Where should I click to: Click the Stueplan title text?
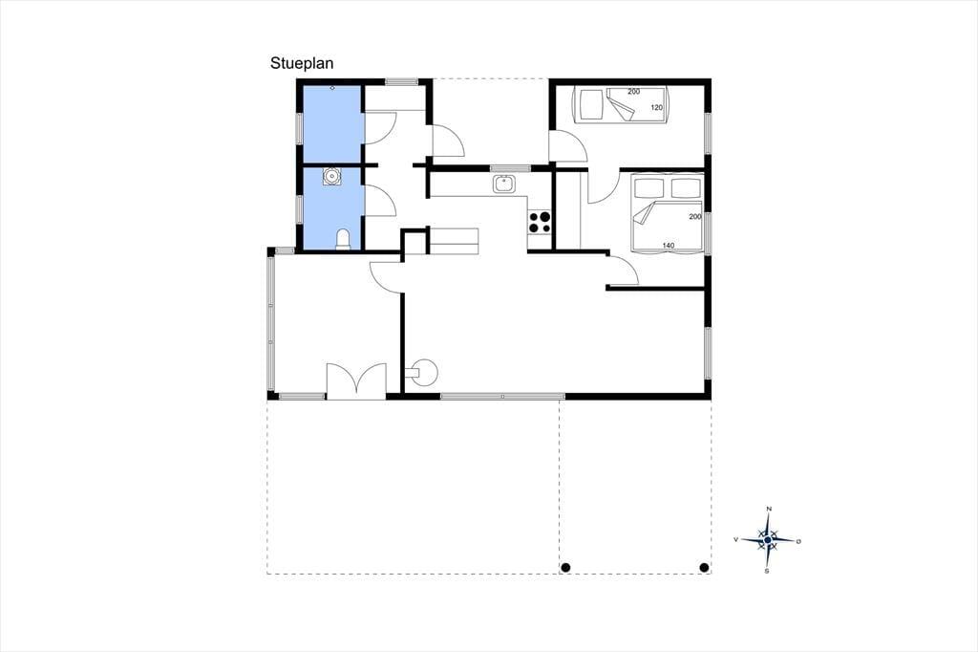click(x=302, y=64)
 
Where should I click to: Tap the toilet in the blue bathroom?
click(x=343, y=240)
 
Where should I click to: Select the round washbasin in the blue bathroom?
click(x=331, y=177)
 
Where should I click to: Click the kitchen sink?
click(x=503, y=185)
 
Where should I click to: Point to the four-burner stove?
click(x=541, y=222)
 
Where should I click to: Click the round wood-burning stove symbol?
click(x=424, y=372)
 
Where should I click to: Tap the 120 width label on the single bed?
click(x=657, y=107)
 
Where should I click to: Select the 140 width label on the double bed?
click(x=668, y=246)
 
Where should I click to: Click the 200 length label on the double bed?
click(x=695, y=217)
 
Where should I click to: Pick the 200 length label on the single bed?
click(x=634, y=91)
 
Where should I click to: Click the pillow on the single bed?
click(x=590, y=103)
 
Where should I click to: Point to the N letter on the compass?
click(x=769, y=509)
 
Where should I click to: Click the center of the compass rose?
click(x=768, y=539)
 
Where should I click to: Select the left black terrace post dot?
click(x=565, y=568)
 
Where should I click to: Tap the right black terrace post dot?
click(x=704, y=568)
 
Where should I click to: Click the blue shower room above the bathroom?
click(x=332, y=124)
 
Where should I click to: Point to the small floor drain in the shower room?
click(x=332, y=88)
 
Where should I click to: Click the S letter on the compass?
click(x=767, y=571)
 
